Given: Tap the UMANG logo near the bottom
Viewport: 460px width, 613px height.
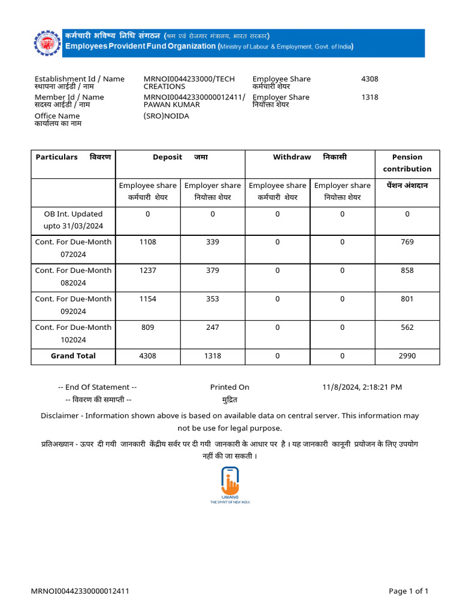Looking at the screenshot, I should click(x=229, y=484).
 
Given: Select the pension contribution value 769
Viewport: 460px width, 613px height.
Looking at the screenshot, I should click(x=407, y=242).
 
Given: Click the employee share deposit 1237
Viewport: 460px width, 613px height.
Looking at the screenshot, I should click(x=147, y=270).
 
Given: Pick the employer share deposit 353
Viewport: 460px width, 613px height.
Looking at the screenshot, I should click(x=213, y=299).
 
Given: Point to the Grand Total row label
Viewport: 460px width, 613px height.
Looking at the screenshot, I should click(x=73, y=356).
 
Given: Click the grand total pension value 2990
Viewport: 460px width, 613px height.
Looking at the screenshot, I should click(x=407, y=356).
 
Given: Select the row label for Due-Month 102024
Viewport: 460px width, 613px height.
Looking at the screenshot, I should click(x=73, y=333).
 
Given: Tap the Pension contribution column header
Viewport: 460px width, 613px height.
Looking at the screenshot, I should click(x=407, y=163).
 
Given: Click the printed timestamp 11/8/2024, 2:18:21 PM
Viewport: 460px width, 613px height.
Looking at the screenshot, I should click(x=362, y=387).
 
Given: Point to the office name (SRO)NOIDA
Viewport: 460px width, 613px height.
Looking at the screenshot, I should click(x=166, y=116).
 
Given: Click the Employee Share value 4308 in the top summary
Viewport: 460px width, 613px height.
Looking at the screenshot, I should click(x=370, y=78).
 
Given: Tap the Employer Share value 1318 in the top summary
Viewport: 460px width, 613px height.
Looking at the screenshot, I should click(x=370, y=97).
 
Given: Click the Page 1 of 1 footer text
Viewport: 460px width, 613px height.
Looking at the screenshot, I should click(x=408, y=591).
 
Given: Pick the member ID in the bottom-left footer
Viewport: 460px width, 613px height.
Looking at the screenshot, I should click(x=80, y=591).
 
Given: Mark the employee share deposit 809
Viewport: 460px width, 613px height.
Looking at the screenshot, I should click(x=147, y=327).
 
